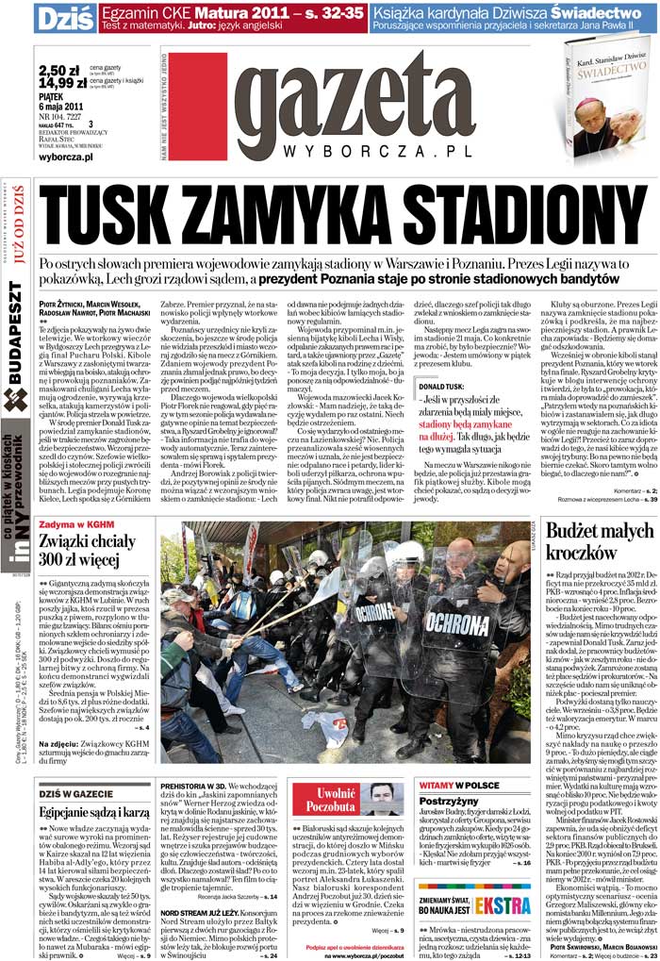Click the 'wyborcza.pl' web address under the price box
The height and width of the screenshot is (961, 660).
coord(67,157)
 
